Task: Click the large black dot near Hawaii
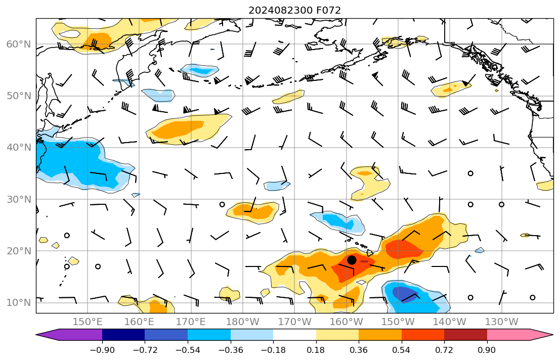[x=352, y=260]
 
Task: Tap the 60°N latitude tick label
[x=19, y=44]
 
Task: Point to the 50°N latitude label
[x=19, y=96]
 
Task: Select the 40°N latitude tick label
[x=19, y=148]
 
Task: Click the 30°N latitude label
[x=19, y=199]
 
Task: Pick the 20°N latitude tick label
[x=19, y=251]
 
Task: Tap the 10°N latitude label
[x=19, y=303]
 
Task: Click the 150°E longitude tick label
[x=88, y=322]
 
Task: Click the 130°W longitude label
[x=502, y=322]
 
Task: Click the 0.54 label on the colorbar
[x=401, y=350]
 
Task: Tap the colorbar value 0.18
[x=316, y=350]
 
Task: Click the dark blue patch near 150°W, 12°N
[x=404, y=294]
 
